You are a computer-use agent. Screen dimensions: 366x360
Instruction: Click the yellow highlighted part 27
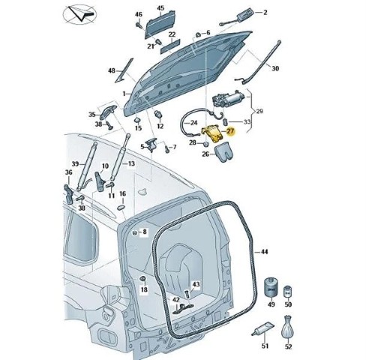[x=212, y=134]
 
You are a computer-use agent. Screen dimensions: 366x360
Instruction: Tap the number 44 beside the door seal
[x=264, y=251]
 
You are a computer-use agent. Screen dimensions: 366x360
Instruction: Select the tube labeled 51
[x=262, y=329]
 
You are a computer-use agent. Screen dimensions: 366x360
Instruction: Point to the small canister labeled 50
[x=288, y=292]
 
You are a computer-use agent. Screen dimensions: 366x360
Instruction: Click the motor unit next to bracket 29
[x=227, y=99]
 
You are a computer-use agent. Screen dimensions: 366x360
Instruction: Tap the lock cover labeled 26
[x=223, y=151]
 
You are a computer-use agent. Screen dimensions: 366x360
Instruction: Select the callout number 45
[x=160, y=8]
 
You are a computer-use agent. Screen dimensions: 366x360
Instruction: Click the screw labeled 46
[x=139, y=25]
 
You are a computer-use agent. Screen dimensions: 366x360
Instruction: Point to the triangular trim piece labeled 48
[x=124, y=70]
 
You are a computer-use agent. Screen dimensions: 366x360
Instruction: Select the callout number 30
[x=274, y=68]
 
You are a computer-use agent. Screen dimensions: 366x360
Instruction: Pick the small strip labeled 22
[x=170, y=46]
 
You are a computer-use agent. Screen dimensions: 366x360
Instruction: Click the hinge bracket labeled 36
[x=69, y=194]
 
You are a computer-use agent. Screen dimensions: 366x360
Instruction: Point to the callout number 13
[x=131, y=163]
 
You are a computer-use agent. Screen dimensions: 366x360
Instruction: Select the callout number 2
[x=265, y=12]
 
